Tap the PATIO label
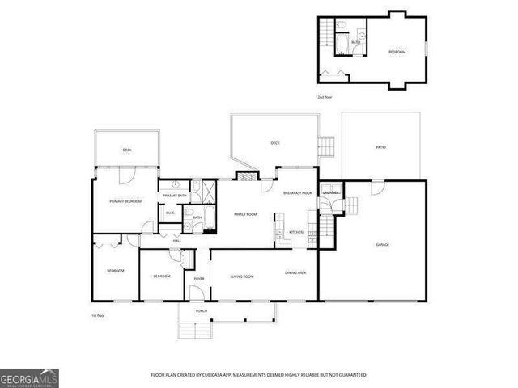tap(380, 147)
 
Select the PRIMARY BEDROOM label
tap(125, 200)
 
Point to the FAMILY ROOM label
tap(245, 214)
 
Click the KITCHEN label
tap(296, 232)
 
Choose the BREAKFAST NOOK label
tap(297, 193)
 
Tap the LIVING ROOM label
tap(243, 276)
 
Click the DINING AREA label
tap(295, 272)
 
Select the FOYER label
tap(198, 278)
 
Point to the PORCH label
tap(202, 311)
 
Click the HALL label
tap(176, 240)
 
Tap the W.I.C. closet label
tap(171, 213)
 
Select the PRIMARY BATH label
tap(175, 196)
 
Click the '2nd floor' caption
tap(324, 96)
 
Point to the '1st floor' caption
tap(99, 315)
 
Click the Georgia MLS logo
tap(29, 377)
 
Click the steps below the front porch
tap(193, 330)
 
